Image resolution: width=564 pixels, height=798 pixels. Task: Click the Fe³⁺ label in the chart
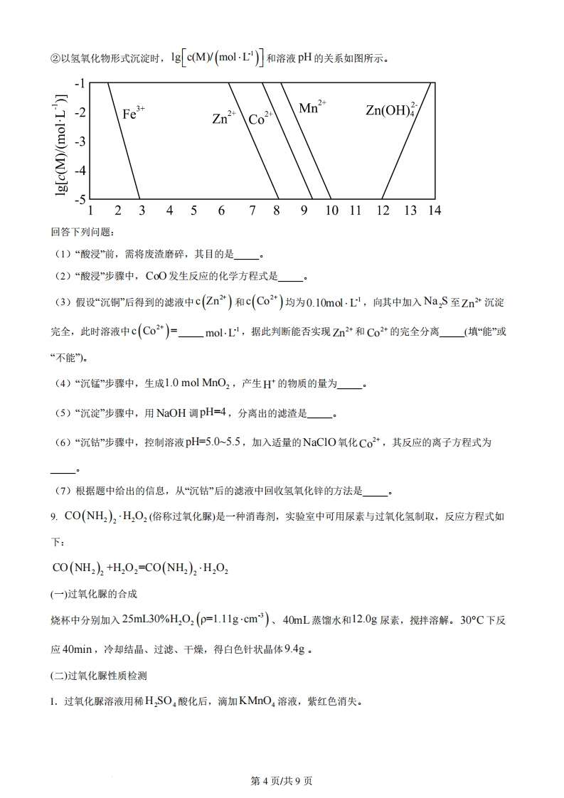pos(133,112)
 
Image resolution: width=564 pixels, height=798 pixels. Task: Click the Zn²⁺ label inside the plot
pos(223,118)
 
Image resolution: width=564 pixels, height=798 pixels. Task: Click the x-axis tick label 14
pos(434,211)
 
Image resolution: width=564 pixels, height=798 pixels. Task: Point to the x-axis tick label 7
pos(252,211)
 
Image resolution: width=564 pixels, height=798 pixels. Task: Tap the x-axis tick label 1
pos(90,211)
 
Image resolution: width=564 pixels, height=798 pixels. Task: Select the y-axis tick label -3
pos(80,142)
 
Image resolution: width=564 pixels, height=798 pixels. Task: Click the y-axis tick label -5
pos(80,199)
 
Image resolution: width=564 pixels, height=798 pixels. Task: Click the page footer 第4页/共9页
pos(282,781)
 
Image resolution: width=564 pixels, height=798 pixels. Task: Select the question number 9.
pos(53,516)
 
